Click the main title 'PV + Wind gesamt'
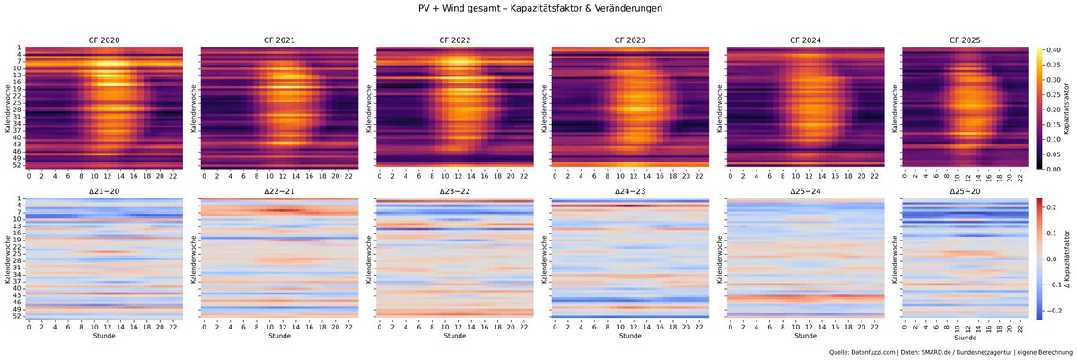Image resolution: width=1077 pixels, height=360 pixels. (x=485, y=9)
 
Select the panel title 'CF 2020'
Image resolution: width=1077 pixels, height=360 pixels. (x=106, y=40)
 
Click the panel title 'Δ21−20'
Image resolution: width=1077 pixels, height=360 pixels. (x=106, y=191)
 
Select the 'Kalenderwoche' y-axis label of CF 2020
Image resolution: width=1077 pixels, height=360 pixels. (x=6, y=108)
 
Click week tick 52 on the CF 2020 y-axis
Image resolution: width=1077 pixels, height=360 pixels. (x=17, y=165)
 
